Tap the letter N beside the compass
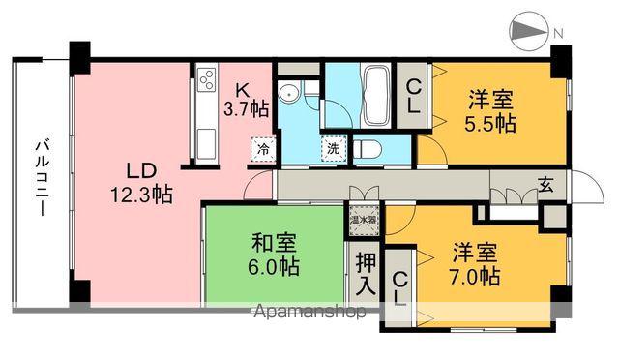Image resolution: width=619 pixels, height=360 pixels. (x=558, y=34)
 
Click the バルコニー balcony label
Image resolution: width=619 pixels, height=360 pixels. (x=42, y=180)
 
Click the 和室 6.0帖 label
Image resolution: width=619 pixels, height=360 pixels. (x=276, y=254)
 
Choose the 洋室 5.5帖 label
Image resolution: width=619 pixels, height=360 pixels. (x=490, y=110)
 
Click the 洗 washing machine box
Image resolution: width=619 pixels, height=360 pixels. (x=332, y=150)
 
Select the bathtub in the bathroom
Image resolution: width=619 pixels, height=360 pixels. (x=375, y=95)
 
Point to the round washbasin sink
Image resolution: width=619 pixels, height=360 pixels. (x=287, y=94)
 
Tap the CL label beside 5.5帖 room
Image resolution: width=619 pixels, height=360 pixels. (x=413, y=97)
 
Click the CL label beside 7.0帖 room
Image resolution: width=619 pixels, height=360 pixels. (x=398, y=287)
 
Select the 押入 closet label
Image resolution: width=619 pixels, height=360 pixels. (x=365, y=272)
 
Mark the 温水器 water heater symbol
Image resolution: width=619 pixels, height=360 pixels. (x=362, y=220)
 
